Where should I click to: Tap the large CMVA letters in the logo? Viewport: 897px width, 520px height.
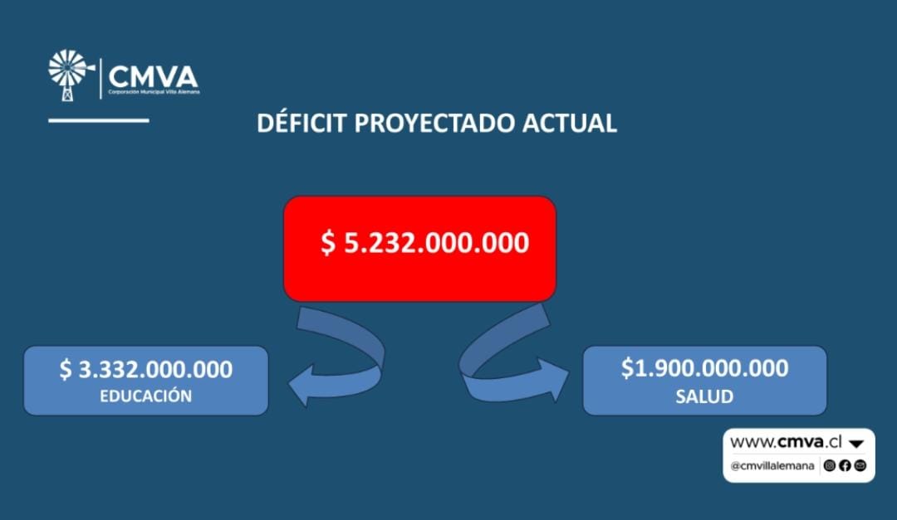tap(154, 76)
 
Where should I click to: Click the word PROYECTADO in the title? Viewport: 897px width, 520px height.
tap(434, 124)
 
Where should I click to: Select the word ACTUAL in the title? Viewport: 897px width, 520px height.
tap(569, 124)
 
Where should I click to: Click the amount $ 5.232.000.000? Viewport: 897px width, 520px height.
tap(424, 243)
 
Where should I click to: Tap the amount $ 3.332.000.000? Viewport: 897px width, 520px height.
tap(146, 369)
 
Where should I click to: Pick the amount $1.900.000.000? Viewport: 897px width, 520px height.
tap(705, 368)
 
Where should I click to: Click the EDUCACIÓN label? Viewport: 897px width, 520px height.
tap(146, 396)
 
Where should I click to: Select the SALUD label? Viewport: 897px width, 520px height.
tap(704, 396)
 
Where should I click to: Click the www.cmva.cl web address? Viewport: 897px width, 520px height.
tap(786, 442)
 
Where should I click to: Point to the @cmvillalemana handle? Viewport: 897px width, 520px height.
tap(772, 466)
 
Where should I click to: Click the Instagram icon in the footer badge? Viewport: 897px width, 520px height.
tap(830, 466)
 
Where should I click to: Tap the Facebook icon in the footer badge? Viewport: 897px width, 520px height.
tap(845, 466)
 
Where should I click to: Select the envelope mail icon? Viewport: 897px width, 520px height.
tap(860, 466)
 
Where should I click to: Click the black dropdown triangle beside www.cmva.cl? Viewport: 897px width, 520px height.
tap(856, 444)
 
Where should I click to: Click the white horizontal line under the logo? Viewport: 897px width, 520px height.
tap(98, 120)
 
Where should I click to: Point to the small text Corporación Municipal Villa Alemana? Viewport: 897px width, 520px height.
tap(154, 92)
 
